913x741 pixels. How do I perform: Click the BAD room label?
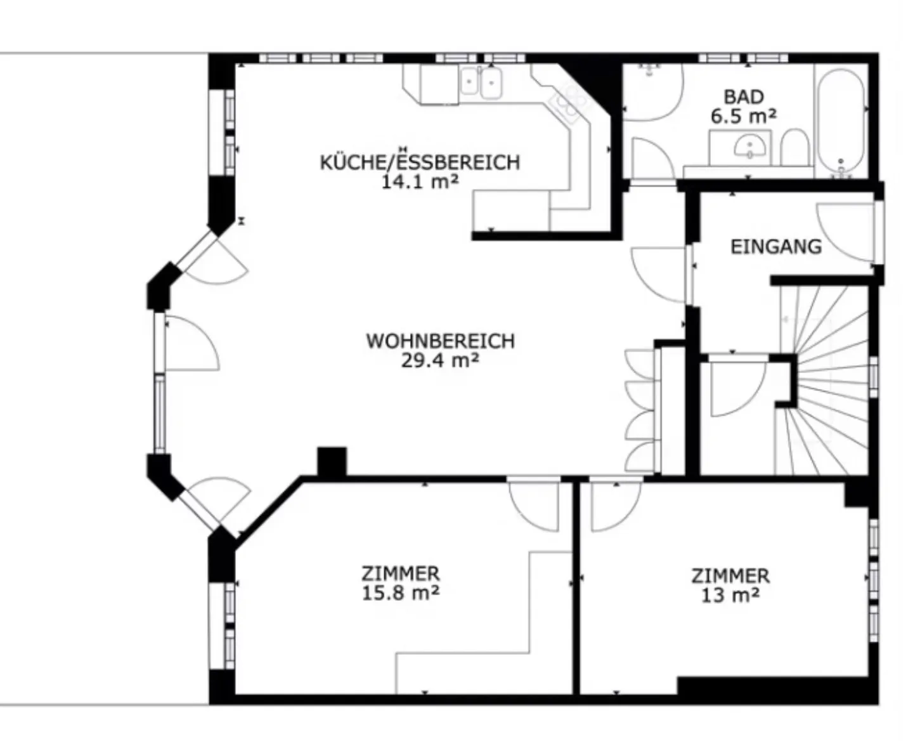coord(743,97)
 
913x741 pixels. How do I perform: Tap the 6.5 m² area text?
coord(743,117)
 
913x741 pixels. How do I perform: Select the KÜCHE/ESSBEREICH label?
coord(420,162)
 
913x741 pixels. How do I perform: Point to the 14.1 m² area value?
coord(420,182)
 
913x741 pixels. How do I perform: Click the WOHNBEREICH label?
coord(440,341)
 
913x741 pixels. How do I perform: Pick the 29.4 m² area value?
coord(440,360)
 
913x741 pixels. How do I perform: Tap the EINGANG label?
coord(776,246)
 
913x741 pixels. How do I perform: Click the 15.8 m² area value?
coord(401,593)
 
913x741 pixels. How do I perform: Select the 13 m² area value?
coord(730,595)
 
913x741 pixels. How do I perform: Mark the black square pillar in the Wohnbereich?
coord(332,461)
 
